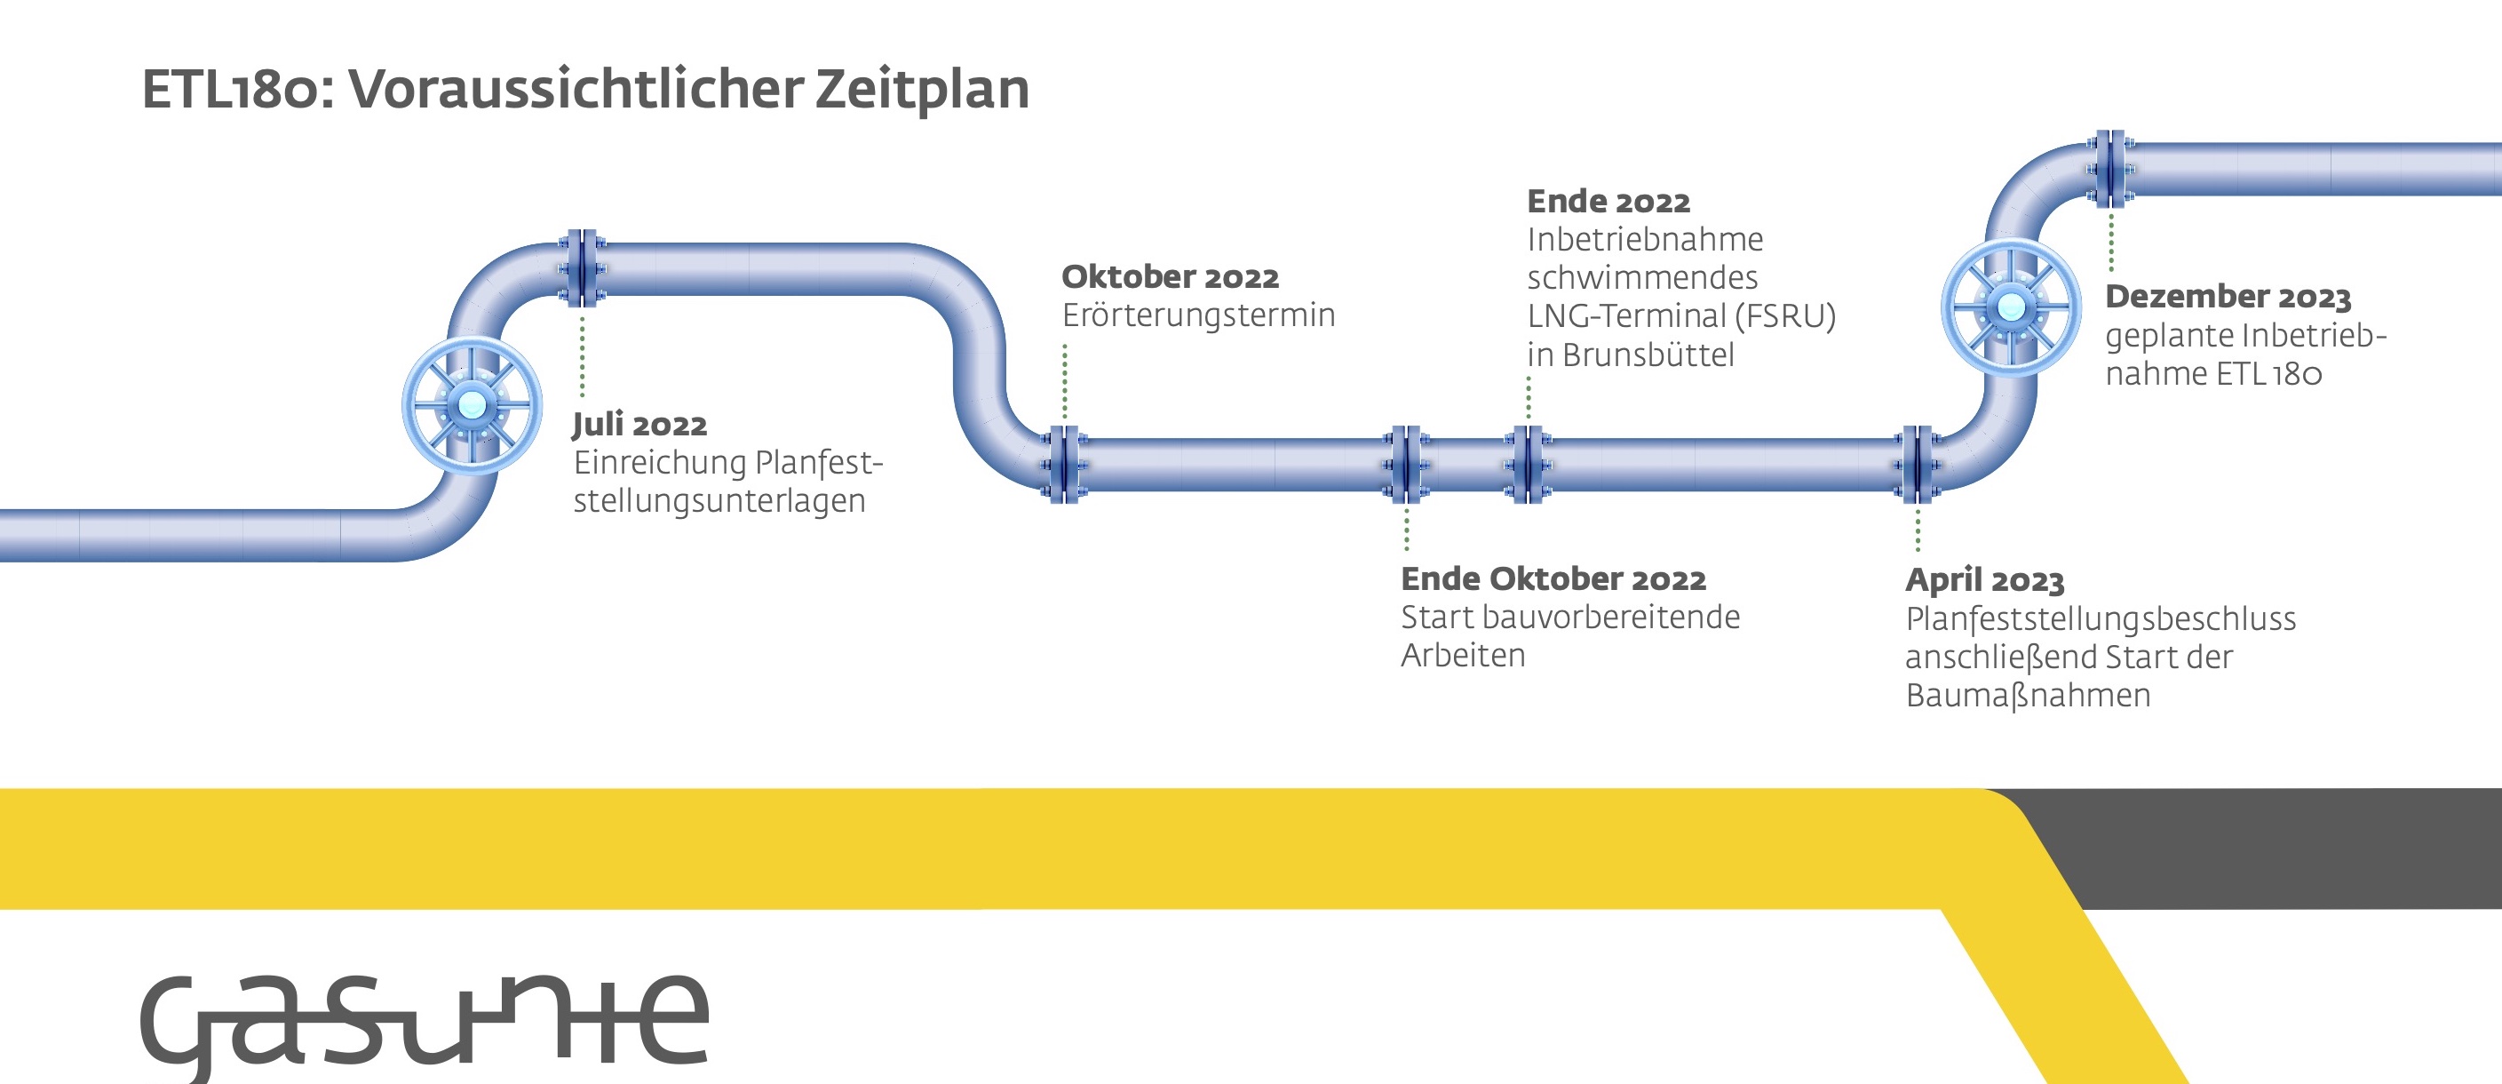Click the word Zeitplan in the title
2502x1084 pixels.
click(x=921, y=90)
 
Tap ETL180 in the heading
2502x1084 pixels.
click(x=230, y=91)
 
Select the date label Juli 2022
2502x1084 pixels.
click(x=639, y=425)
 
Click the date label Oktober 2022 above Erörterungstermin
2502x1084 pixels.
click(x=1170, y=277)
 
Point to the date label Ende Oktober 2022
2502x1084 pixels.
click(x=1553, y=579)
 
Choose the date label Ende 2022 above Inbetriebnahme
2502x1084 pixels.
click(x=1608, y=201)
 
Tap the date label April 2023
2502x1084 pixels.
click(x=1983, y=580)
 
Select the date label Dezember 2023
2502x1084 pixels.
click(x=2228, y=296)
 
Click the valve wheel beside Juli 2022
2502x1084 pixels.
click(x=472, y=405)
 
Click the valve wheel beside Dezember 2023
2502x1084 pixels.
click(x=2011, y=307)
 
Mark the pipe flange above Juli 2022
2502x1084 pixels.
click(x=582, y=269)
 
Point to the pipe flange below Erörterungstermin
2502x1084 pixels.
click(x=1065, y=465)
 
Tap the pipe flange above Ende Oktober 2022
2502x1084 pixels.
click(x=1405, y=465)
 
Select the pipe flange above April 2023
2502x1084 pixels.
click(x=1918, y=465)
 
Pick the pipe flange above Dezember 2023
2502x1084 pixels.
click(x=2109, y=169)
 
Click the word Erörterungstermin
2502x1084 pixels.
click(x=1197, y=315)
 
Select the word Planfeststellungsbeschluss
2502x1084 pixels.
click(x=2100, y=618)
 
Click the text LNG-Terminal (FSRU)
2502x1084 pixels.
click(x=1680, y=316)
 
